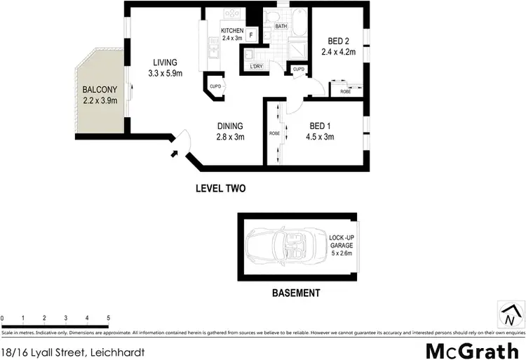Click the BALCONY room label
point(99,90)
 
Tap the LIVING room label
point(162,62)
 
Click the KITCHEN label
point(232,31)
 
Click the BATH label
point(281,26)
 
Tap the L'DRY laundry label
point(256,67)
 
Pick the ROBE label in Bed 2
point(345,92)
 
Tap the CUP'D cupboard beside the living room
point(215,87)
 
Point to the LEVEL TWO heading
point(221,188)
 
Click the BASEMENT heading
point(296,293)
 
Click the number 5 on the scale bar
point(108,318)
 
